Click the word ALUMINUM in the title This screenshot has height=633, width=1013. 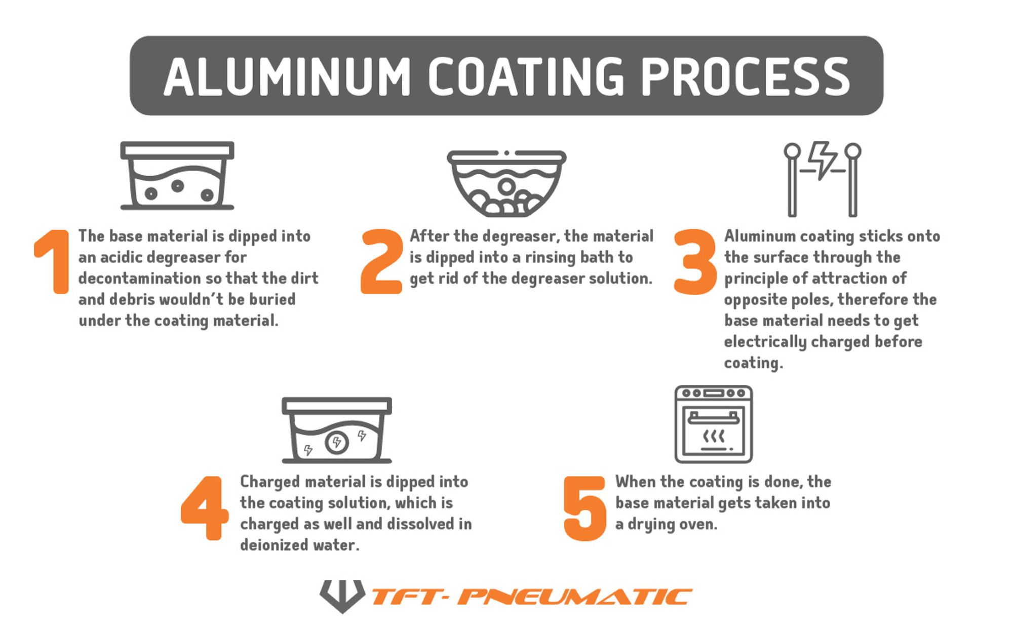click(x=287, y=76)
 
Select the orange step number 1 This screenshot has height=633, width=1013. click(x=53, y=261)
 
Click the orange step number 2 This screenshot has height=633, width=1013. click(x=381, y=261)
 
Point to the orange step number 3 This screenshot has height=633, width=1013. click(x=695, y=261)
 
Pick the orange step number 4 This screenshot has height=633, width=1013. click(x=205, y=507)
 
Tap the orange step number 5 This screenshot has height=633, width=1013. click(x=585, y=508)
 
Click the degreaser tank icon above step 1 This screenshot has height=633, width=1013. click(x=177, y=175)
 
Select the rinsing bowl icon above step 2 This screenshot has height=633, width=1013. click(x=506, y=183)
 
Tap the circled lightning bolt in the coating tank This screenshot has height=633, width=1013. click(x=337, y=443)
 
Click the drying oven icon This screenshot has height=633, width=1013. click(x=713, y=424)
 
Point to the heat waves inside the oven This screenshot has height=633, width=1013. click(x=713, y=436)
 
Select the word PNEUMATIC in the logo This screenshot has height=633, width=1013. click(x=574, y=597)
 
